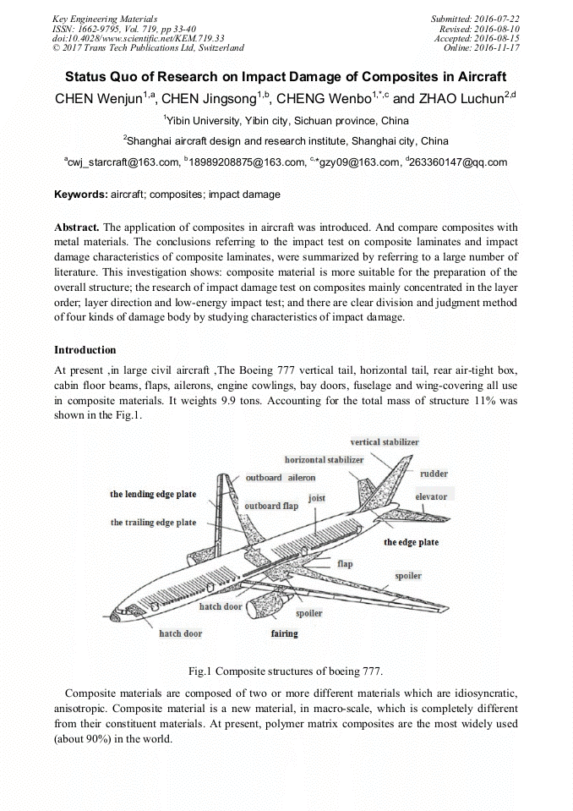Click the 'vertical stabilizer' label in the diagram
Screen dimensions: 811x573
tap(384, 442)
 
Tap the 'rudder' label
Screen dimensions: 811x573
tap(434, 474)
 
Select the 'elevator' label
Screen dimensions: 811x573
tap(431, 496)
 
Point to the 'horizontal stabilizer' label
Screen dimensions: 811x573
tap(324, 460)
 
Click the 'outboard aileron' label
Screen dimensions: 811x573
tap(280, 478)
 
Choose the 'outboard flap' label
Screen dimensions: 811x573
tap(271, 506)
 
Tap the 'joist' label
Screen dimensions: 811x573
tap(317, 498)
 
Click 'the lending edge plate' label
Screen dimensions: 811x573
tap(153, 495)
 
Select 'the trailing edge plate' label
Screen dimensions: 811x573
tap(153, 523)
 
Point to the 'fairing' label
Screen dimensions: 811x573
tap(284, 633)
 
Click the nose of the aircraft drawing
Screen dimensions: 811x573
tap(122, 619)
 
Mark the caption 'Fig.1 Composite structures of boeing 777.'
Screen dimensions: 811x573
tap(286, 671)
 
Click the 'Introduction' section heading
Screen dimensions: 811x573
tap(85, 349)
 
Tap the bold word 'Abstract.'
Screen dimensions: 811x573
tap(77, 227)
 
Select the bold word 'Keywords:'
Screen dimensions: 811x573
tap(81, 195)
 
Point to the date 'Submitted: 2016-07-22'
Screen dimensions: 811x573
tap(476, 19)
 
